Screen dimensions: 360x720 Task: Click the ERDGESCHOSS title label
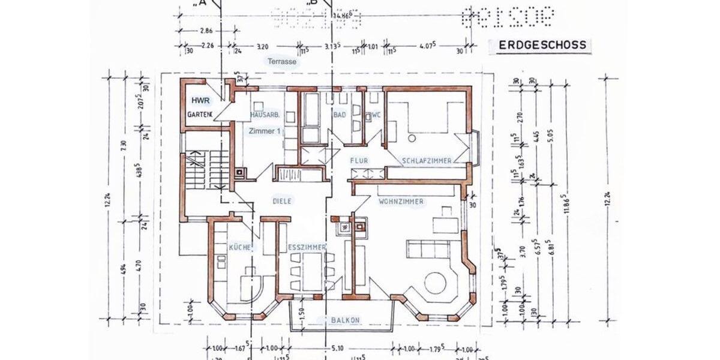(538, 44)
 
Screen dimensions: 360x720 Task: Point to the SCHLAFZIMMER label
(427, 161)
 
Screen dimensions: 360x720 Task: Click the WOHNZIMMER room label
(401, 202)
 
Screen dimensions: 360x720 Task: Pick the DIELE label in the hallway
(281, 202)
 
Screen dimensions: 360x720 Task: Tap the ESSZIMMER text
(306, 247)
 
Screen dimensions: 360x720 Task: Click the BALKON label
(345, 320)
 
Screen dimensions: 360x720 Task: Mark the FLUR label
(359, 161)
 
